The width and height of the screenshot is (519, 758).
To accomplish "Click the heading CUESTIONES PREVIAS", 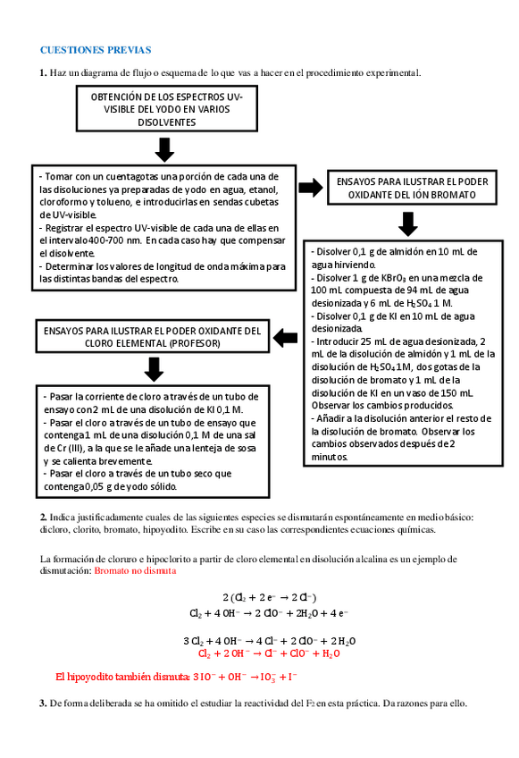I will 96,50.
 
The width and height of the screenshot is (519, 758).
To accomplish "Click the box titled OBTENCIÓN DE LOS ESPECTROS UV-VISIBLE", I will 167,108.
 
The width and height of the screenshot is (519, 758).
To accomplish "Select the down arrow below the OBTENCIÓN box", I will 163,149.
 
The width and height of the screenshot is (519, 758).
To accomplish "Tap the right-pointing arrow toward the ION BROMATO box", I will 311,187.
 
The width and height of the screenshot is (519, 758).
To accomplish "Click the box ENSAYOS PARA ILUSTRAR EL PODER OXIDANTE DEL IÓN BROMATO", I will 412,187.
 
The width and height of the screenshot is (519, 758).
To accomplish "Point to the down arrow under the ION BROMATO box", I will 408,223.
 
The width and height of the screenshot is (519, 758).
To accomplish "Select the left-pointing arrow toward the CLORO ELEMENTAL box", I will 284,337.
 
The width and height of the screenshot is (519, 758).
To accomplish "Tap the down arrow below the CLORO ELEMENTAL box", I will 154,368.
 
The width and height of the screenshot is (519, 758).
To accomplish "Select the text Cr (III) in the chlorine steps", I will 58,448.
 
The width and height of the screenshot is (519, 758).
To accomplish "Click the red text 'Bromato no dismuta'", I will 135,569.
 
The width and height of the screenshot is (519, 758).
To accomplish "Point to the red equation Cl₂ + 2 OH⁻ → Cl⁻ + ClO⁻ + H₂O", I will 268,653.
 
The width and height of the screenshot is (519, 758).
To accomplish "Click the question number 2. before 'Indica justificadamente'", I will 43,517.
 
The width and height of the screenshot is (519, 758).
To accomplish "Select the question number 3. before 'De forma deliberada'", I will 43,703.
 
